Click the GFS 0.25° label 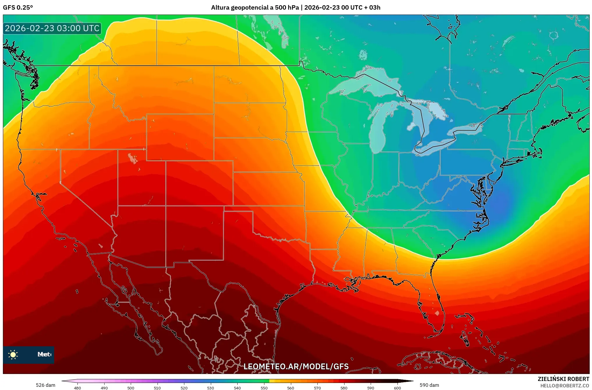tap(18, 8)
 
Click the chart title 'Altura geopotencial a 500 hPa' tap(255, 8)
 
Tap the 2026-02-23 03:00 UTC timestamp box tap(52, 28)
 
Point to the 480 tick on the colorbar tap(77, 388)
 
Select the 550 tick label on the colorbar tap(264, 388)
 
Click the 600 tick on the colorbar tap(397, 388)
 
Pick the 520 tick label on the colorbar tap(184, 388)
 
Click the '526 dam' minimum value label tap(45, 385)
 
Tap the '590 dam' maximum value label tap(429, 385)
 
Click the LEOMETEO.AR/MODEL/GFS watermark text tap(296, 366)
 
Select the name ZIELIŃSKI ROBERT tap(563, 379)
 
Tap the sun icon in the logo tap(13, 354)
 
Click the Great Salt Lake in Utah tap(132, 159)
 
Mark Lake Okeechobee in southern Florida tap(437, 313)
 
